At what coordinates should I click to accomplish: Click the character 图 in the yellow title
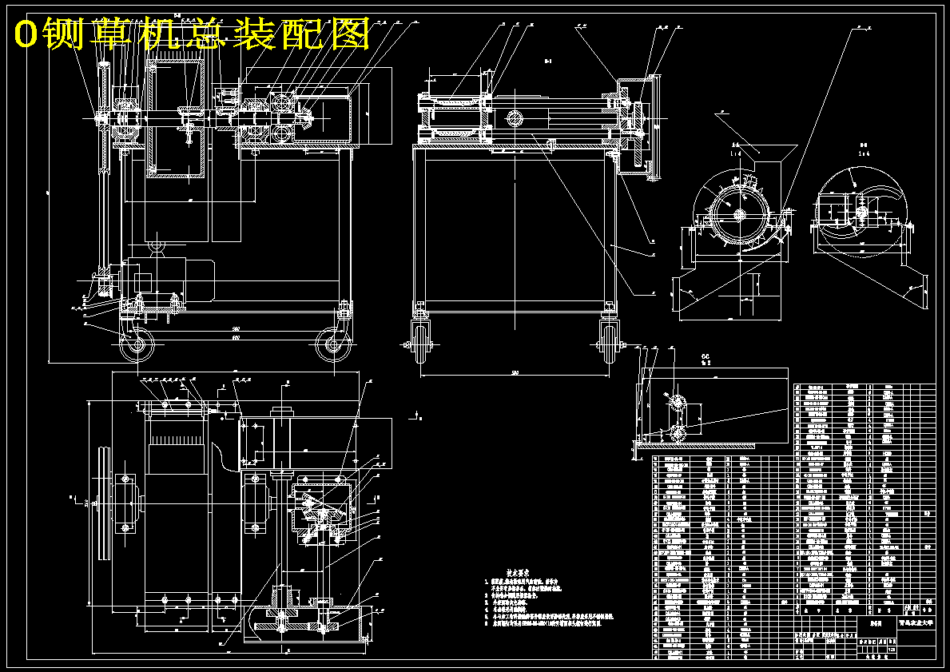350,34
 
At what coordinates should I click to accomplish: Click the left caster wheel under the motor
137,346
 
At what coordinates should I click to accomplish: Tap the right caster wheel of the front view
331,345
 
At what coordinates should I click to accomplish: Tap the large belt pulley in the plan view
102,504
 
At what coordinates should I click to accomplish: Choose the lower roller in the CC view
678,433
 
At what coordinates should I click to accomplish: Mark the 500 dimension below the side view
515,373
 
